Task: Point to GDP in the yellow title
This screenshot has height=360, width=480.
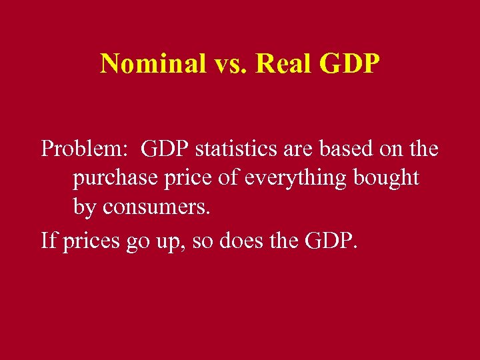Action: pyautogui.click(x=349, y=64)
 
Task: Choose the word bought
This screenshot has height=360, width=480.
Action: pyautogui.click(x=386, y=178)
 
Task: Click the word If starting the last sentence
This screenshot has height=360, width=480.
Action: pyautogui.click(x=49, y=238)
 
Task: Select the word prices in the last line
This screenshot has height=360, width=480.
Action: pyautogui.click(x=92, y=239)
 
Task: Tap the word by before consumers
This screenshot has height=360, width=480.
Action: pyautogui.click(x=84, y=208)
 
